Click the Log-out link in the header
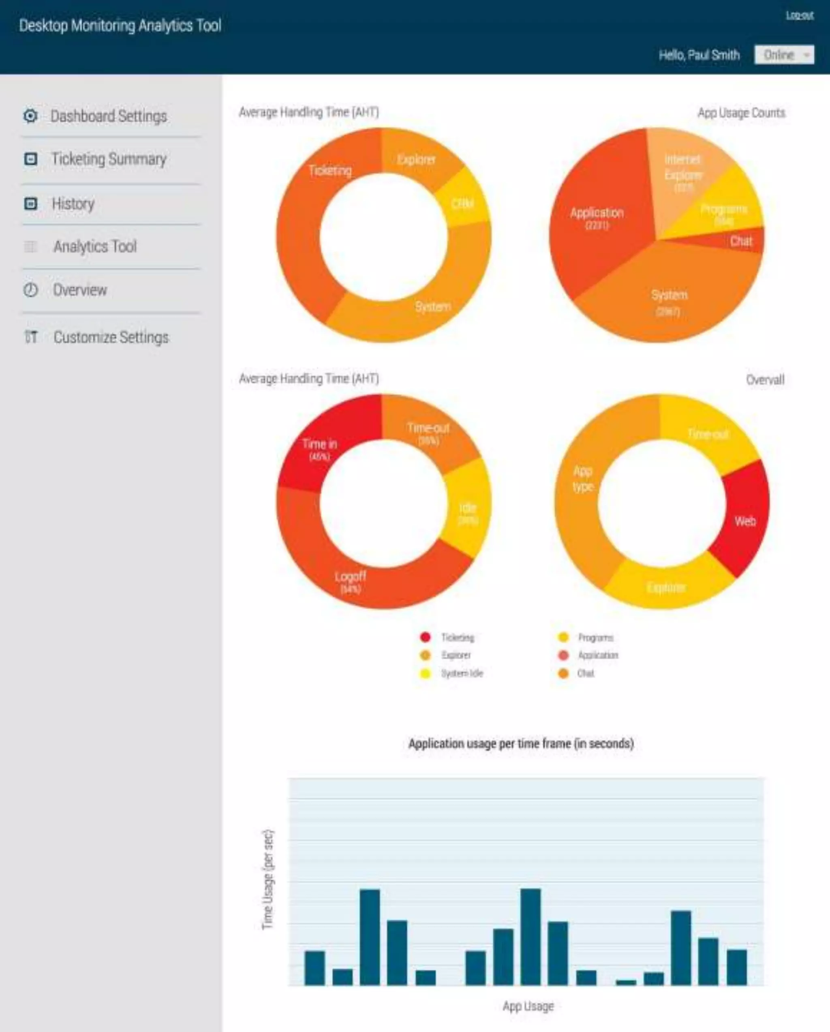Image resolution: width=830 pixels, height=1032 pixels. pyautogui.click(x=799, y=15)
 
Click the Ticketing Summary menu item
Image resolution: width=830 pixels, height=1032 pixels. pyautogui.click(x=109, y=159)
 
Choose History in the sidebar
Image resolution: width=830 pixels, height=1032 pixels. pyautogui.click(x=73, y=204)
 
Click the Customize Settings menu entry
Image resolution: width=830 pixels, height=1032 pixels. pyautogui.click(x=111, y=338)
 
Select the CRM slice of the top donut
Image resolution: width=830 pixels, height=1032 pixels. pyautogui.click(x=462, y=204)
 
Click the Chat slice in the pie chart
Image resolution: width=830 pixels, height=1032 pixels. pyautogui.click(x=740, y=241)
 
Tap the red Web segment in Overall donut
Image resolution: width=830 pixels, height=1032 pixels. pyautogui.click(x=744, y=521)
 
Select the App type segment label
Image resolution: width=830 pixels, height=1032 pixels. pyautogui.click(x=582, y=479)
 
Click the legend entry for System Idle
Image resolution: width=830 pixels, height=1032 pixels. pyautogui.click(x=462, y=674)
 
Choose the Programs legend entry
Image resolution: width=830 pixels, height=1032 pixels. pyautogui.click(x=595, y=638)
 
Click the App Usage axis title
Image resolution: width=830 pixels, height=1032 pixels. pyautogui.click(x=528, y=1006)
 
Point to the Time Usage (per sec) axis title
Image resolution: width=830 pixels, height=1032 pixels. pyautogui.click(x=268, y=880)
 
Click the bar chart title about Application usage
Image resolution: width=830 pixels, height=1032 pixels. pyautogui.click(x=521, y=743)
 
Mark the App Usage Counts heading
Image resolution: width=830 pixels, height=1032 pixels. pyautogui.click(x=741, y=113)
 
